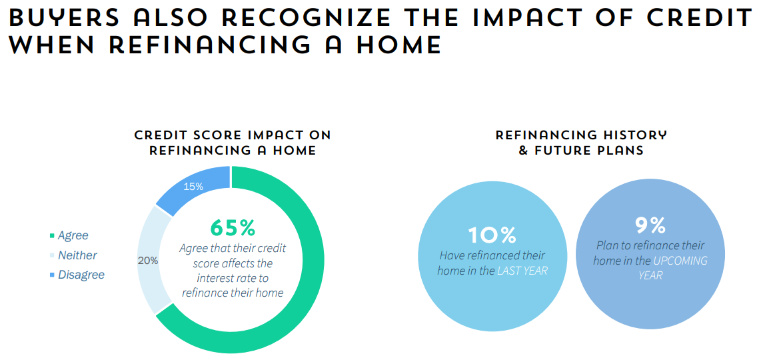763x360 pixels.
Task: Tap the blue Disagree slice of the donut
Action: click(195, 187)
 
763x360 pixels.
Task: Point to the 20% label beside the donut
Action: click(148, 261)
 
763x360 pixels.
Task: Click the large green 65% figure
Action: click(233, 227)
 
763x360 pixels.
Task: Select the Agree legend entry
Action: click(69, 236)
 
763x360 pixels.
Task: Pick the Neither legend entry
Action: click(73, 255)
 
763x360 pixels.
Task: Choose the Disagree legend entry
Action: click(77, 275)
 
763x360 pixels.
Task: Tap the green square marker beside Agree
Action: click(52, 236)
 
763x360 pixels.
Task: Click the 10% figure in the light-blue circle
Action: click(492, 236)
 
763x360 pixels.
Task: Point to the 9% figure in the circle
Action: click(650, 225)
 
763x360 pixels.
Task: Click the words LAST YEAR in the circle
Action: click(522, 271)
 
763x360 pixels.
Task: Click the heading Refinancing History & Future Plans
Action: click(581, 143)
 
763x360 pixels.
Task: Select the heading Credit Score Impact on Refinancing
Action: click(233, 143)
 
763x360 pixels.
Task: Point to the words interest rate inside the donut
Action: click(233, 278)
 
